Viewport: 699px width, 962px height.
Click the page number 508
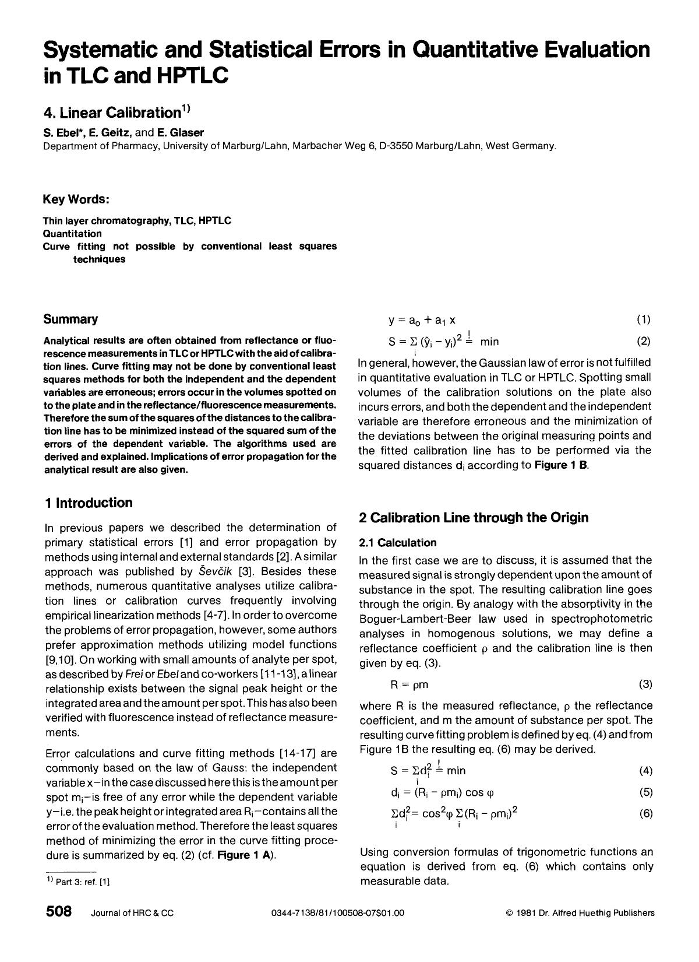58,912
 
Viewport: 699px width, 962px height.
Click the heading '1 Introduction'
88,503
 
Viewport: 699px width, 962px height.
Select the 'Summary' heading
70,319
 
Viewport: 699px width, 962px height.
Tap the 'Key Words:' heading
76,199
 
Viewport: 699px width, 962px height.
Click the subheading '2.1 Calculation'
397,543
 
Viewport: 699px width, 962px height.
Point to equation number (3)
645,683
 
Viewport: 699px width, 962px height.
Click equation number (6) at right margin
645,814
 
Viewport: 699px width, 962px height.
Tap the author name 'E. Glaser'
184,132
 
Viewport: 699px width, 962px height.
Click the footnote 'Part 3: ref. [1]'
82,882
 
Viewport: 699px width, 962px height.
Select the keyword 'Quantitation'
72,233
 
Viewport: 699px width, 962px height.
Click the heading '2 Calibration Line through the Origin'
474,517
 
